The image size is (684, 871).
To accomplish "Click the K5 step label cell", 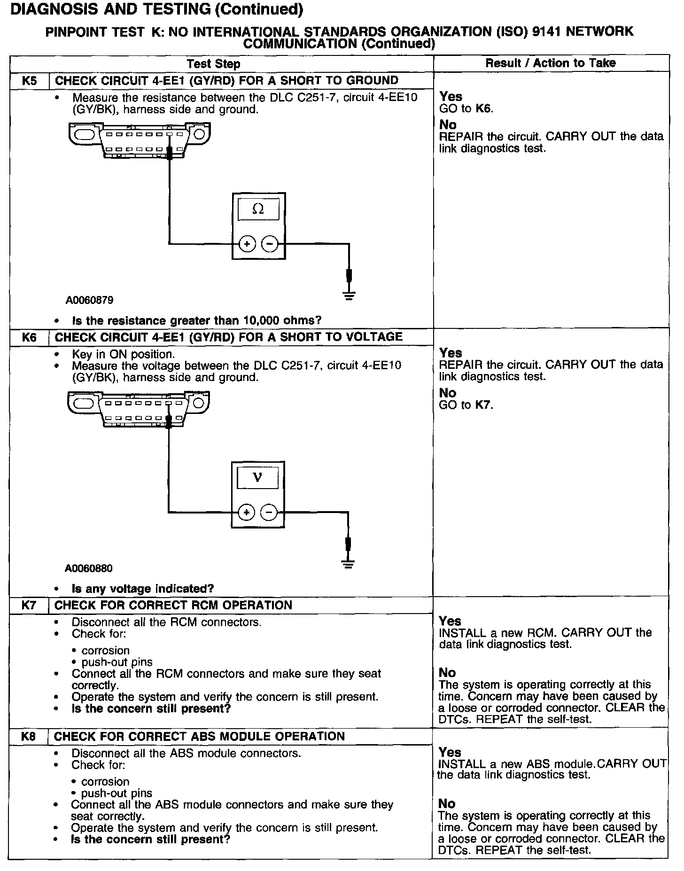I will pos(29,81).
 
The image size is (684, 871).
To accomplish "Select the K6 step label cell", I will pos(29,337).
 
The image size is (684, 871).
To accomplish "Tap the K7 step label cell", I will pos(29,605).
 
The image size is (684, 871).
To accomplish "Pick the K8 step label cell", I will pos(29,736).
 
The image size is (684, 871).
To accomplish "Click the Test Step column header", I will pos(213,64).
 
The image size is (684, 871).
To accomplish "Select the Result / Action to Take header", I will pos(551,63).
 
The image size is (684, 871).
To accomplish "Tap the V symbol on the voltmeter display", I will pos(257,478).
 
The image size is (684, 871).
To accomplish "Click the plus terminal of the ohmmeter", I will pos(248,244).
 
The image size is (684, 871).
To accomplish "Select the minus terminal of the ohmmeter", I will pos(270,244).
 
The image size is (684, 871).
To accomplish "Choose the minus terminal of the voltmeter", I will pos(269,512).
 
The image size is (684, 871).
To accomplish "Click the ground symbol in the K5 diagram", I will pos(349,296).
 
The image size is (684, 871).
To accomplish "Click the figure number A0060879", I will pos(89,300).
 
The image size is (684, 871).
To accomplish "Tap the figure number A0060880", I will pos(89,568).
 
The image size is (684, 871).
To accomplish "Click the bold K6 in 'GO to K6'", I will pos(484,109).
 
